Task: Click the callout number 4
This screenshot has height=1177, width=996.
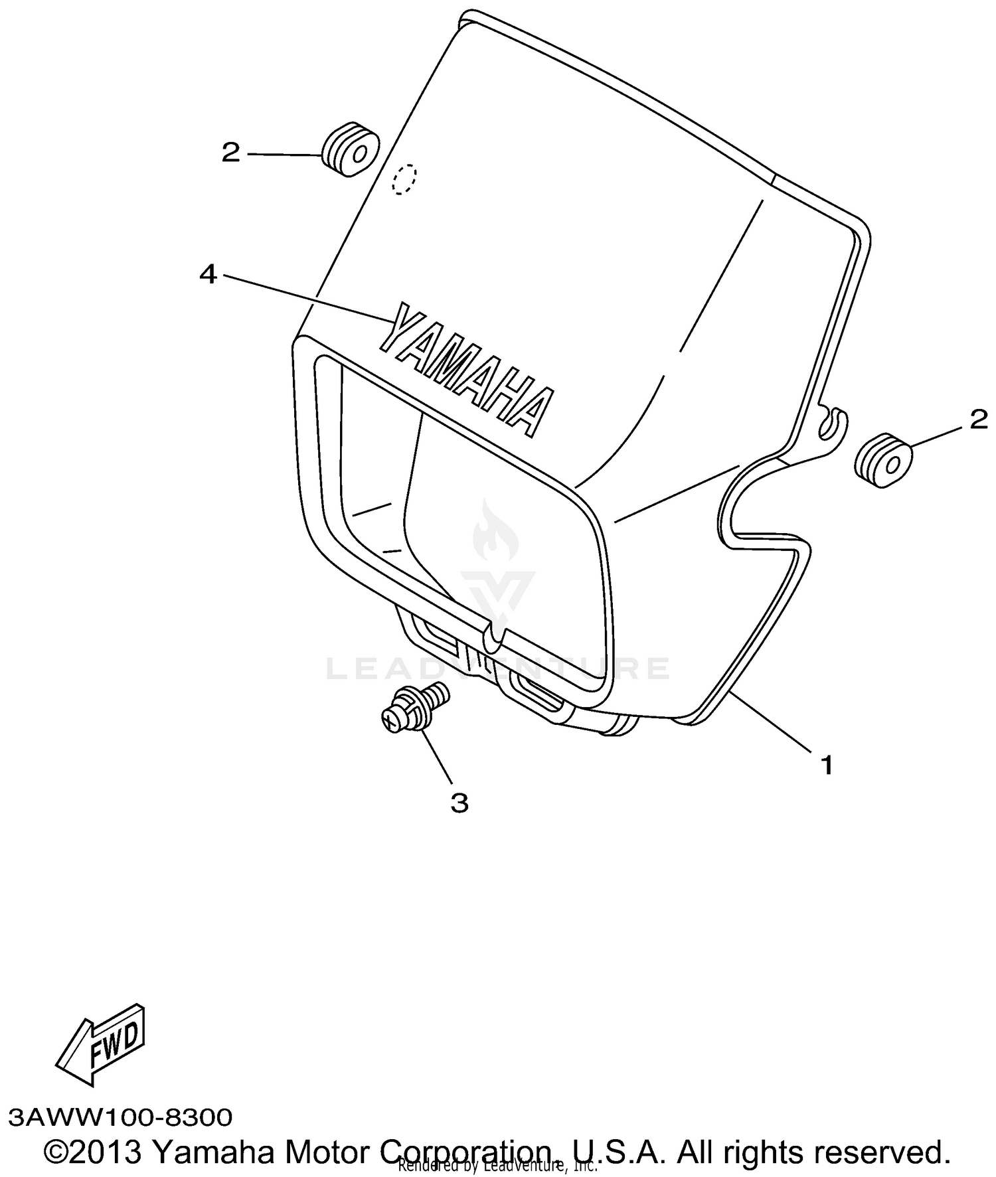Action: tap(208, 274)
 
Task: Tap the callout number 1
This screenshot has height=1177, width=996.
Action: tap(827, 765)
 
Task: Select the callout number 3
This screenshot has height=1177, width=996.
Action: tap(459, 803)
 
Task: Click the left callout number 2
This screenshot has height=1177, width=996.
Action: tap(230, 153)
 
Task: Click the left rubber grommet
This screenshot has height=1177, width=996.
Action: tap(350, 150)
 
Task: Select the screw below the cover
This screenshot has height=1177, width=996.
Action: tap(414, 708)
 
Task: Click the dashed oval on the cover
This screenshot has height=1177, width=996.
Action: tap(404, 179)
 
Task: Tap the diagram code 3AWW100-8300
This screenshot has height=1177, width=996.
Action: tap(121, 1117)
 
